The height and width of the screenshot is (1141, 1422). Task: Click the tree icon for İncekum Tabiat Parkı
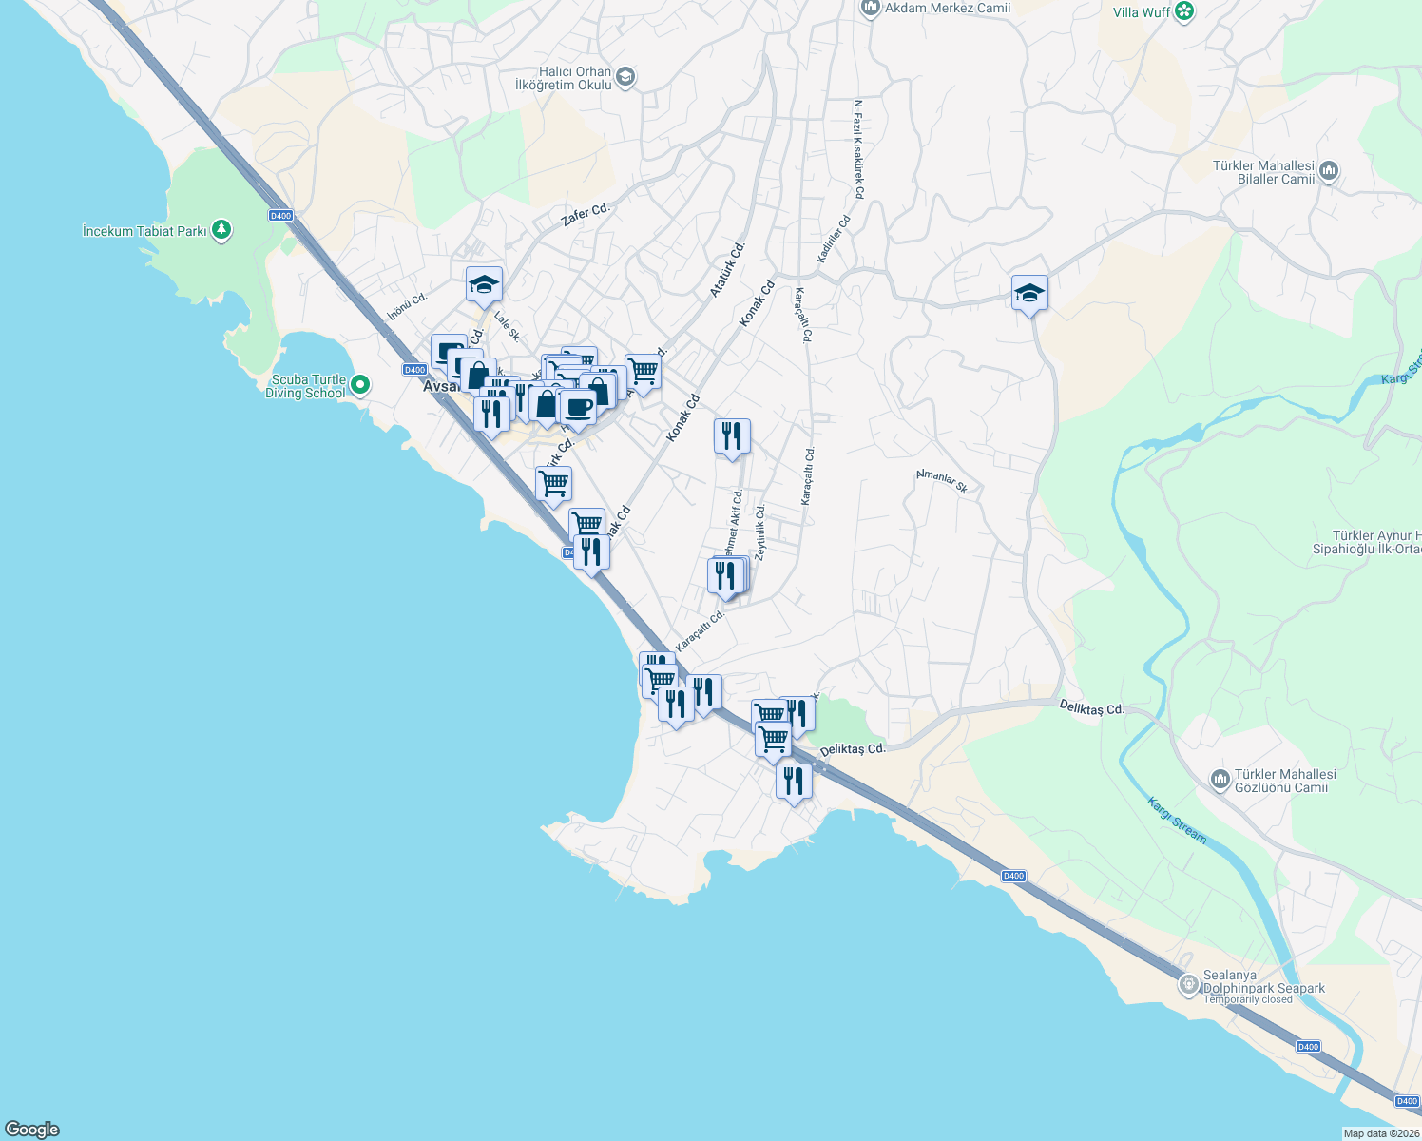221,230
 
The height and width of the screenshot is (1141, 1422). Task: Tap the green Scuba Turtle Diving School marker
359,385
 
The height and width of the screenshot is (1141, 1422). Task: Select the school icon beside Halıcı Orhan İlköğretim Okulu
625,78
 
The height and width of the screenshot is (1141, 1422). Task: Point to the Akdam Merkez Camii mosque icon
869,9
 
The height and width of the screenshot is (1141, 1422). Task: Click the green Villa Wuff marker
1184,11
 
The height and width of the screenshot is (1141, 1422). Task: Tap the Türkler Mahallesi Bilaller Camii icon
1329,171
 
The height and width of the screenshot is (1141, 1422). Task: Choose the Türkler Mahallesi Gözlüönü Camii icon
1220,781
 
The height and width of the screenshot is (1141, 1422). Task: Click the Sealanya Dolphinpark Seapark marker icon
1188,984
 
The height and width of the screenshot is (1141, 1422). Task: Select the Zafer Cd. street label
585,215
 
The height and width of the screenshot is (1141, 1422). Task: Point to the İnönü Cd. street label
407,306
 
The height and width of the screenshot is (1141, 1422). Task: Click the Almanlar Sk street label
941,481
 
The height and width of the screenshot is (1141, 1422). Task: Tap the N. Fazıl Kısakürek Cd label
858,149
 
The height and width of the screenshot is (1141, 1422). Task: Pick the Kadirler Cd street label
835,239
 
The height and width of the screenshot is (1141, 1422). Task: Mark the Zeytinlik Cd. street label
759,532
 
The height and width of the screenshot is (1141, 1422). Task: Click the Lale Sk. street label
508,328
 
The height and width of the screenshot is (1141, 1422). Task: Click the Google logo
32,1130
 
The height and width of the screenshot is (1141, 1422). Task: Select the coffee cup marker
577,407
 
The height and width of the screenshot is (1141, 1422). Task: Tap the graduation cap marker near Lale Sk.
484,284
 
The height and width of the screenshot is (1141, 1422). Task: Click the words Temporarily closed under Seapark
1248,1000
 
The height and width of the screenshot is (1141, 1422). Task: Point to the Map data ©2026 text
1380,1133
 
